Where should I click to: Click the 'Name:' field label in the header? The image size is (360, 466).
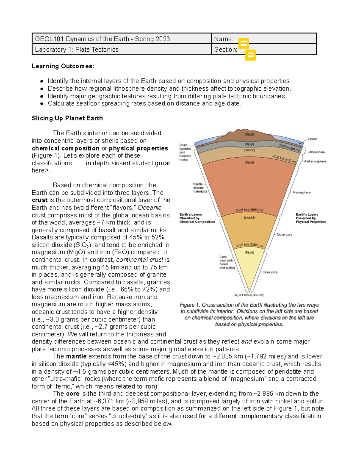(x=223, y=39)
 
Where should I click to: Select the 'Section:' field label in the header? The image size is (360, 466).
(x=225, y=50)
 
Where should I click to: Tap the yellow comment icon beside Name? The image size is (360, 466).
(x=244, y=44)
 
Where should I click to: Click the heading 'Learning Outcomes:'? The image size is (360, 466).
(x=63, y=66)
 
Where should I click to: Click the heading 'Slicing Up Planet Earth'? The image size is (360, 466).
(x=67, y=118)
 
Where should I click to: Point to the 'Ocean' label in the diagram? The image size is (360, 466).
(x=312, y=139)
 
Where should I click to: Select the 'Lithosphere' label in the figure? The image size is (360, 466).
(x=316, y=152)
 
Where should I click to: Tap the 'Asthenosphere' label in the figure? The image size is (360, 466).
(x=315, y=161)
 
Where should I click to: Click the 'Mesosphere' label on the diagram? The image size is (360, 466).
(x=301, y=192)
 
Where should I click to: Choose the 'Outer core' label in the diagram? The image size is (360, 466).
(x=284, y=234)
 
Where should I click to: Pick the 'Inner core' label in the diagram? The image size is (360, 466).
(x=270, y=272)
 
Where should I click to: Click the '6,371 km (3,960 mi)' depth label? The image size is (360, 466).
(x=249, y=295)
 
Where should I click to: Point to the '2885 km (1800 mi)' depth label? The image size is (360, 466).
(x=249, y=210)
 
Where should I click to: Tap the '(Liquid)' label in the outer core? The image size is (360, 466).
(x=249, y=218)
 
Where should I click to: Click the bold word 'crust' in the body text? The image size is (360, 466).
(x=40, y=200)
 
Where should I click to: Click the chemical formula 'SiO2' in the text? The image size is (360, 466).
(x=82, y=245)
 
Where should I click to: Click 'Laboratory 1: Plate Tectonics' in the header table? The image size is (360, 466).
(x=76, y=50)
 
